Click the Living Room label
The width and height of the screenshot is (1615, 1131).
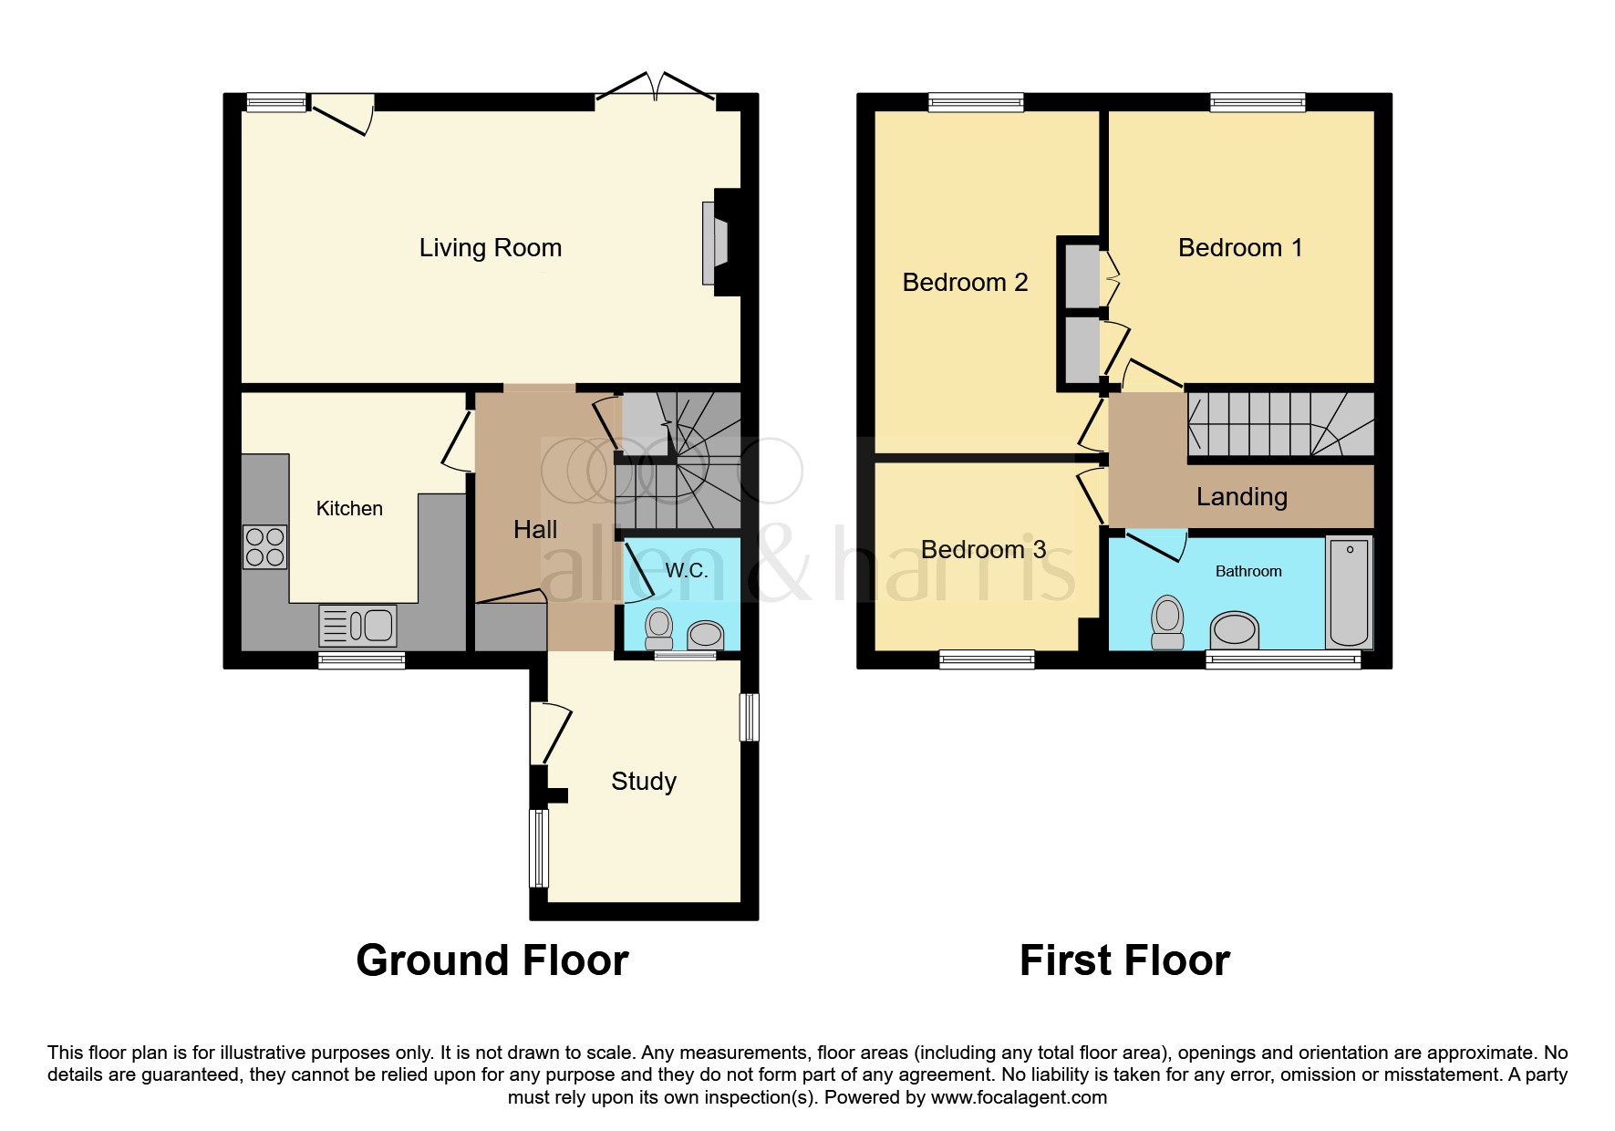click(x=490, y=248)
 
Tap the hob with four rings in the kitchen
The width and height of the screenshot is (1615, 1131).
click(x=264, y=547)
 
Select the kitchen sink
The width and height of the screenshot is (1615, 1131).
click(x=358, y=626)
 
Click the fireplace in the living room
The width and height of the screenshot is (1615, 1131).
click(x=715, y=243)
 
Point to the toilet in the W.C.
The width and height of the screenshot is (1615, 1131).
click(x=659, y=628)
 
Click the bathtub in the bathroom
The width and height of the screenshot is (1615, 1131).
click(x=1349, y=591)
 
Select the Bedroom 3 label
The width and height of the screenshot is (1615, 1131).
click(x=983, y=550)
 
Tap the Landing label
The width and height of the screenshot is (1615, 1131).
click(x=1241, y=497)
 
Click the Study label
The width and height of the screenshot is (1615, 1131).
click(x=644, y=782)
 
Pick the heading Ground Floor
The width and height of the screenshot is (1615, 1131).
click(x=492, y=960)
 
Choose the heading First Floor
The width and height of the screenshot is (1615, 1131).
click(x=1124, y=960)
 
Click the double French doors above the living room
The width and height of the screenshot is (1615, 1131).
click(x=655, y=87)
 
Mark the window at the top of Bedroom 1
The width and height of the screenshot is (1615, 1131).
click(x=1258, y=102)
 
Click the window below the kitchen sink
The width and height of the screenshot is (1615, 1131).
click(x=361, y=660)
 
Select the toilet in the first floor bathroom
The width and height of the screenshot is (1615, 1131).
click(x=1167, y=622)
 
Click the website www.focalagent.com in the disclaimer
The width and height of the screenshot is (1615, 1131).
click(x=1019, y=1097)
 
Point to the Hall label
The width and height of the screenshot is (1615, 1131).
click(x=535, y=530)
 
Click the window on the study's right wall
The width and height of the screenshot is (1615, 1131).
click(x=749, y=717)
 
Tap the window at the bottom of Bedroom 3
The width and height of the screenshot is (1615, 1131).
click(x=987, y=659)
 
